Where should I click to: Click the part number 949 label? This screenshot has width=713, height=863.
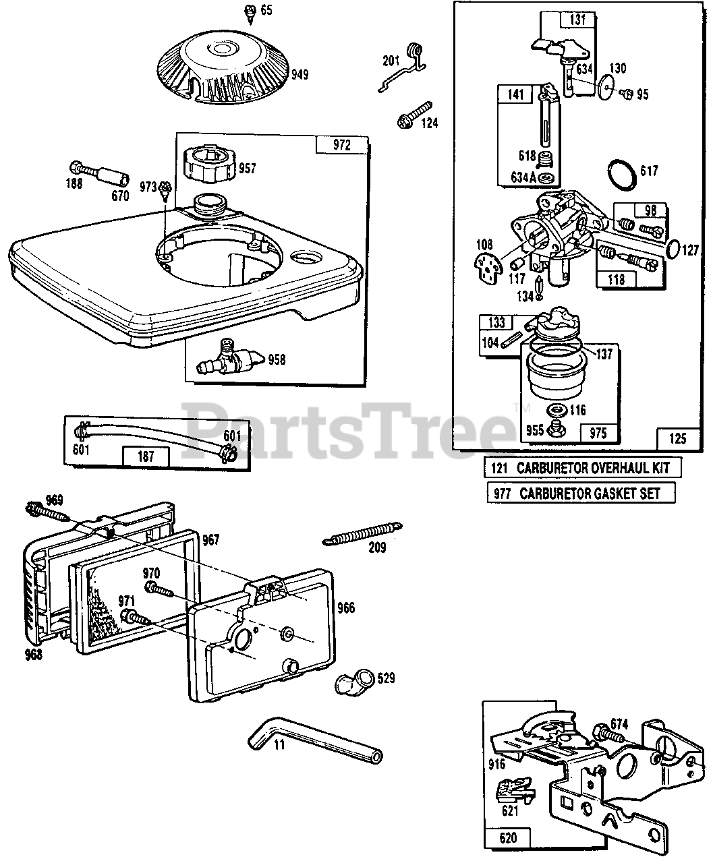click(300, 73)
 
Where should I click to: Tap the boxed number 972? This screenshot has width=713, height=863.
click(343, 146)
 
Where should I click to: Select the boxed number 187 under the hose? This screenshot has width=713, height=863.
click(145, 456)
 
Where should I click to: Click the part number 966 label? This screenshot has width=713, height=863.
click(346, 608)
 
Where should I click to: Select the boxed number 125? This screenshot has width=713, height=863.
click(678, 439)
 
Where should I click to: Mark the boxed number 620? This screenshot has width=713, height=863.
click(508, 837)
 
